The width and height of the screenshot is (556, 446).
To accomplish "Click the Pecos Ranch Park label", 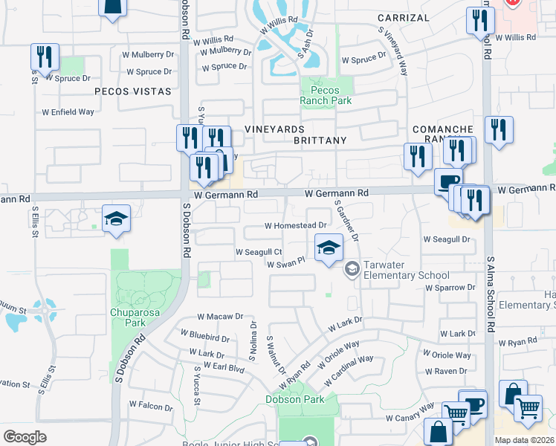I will [326, 94].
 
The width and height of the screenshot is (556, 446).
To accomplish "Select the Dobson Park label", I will [295, 399].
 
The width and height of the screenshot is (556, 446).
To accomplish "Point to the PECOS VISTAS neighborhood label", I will [132, 91].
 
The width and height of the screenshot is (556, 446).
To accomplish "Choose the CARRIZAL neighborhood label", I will [403, 17].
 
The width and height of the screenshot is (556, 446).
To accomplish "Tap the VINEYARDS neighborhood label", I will [276, 129].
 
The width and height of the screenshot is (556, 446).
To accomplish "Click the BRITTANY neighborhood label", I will [320, 140].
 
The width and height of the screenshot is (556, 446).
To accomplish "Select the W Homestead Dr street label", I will [296, 225].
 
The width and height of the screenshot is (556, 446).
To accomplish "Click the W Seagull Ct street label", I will [259, 253].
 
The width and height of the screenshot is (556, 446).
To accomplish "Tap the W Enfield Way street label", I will [68, 111].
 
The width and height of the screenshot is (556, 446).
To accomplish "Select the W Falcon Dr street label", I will [151, 405].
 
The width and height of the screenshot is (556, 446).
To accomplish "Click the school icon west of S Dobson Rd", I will [116, 219].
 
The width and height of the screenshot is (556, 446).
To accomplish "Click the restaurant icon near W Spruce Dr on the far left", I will [45, 58].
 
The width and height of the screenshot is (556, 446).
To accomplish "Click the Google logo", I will [25, 436].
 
